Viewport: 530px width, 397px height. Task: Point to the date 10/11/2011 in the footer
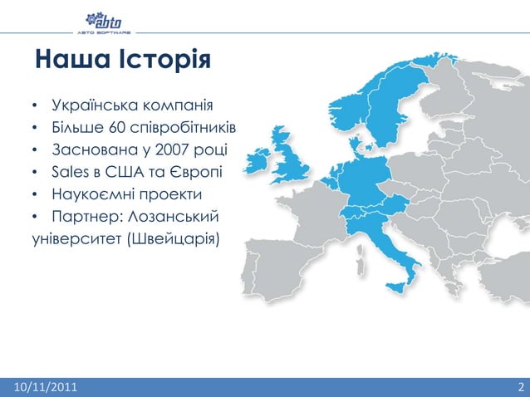tap(41, 387)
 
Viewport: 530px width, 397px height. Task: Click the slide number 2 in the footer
tap(519, 387)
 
